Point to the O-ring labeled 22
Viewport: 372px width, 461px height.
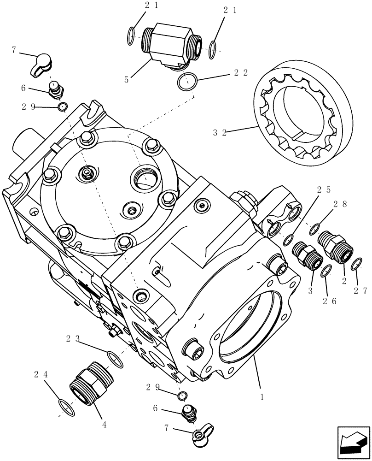pyautogui.click(x=187, y=83)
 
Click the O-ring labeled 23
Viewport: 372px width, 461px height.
pyautogui.click(x=115, y=359)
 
